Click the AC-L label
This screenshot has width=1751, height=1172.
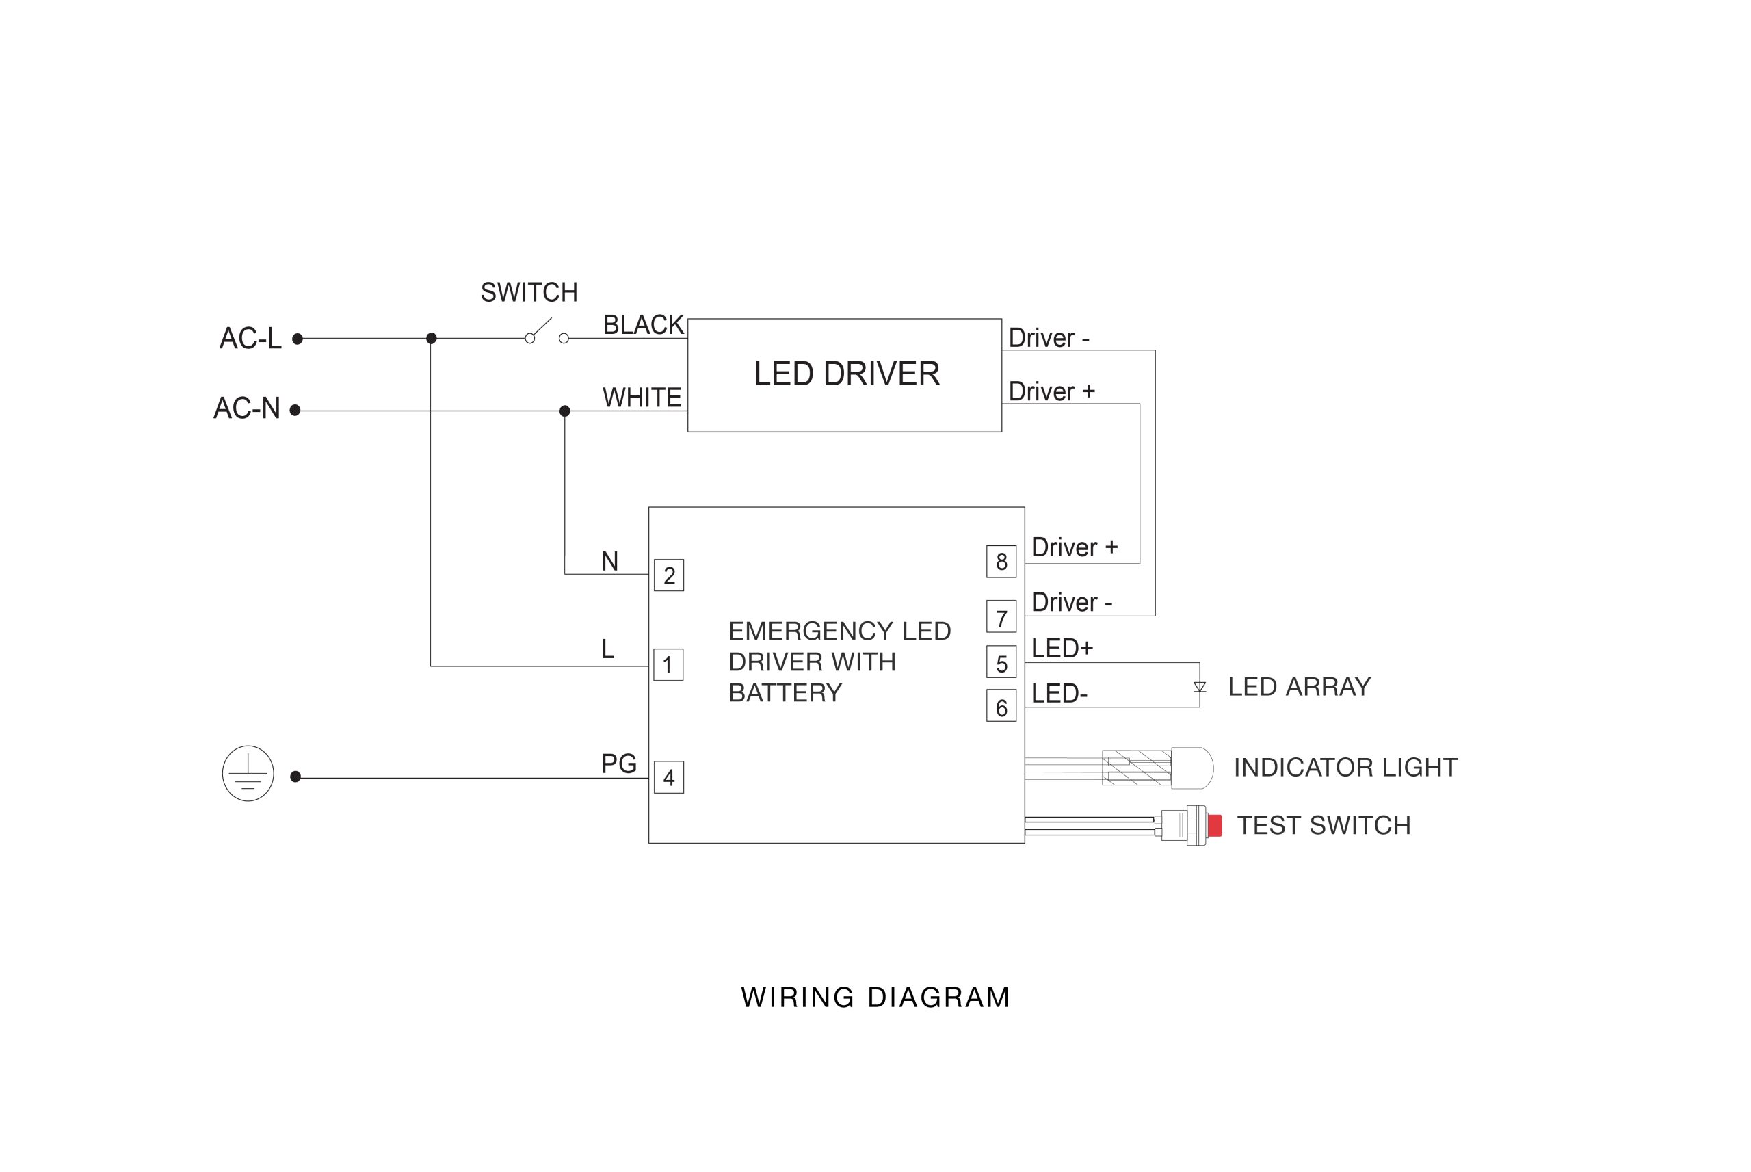click(250, 339)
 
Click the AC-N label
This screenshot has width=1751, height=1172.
click(246, 408)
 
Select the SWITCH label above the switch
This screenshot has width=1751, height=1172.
click(529, 292)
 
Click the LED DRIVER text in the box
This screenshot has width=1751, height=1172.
click(846, 374)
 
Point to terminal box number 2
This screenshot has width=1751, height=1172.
click(668, 575)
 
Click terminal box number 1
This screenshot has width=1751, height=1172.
click(668, 664)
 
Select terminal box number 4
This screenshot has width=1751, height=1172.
click(668, 777)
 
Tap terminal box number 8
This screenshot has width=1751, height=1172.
click(1001, 561)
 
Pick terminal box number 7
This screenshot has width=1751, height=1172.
click(1001, 616)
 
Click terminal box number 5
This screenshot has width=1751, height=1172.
click(1001, 662)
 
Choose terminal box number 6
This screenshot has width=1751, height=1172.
click(1001, 706)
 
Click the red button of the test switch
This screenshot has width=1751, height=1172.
click(1215, 825)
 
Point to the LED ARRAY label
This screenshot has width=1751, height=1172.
click(1299, 687)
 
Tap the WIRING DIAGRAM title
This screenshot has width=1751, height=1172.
click(875, 998)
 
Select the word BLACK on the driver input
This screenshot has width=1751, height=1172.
click(643, 325)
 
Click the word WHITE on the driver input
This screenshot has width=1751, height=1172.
click(642, 398)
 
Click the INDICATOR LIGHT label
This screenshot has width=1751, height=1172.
click(1345, 768)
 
